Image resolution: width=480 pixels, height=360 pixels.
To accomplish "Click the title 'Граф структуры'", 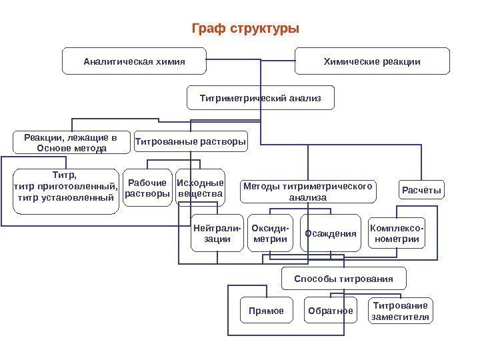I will [x=245, y=29].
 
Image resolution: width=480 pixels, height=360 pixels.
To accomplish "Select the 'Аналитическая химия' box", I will [x=133, y=61].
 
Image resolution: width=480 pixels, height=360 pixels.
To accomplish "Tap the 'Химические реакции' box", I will [x=372, y=61].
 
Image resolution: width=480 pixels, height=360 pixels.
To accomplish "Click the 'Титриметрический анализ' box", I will [x=261, y=98].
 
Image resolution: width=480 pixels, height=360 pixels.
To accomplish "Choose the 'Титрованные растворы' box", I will [x=191, y=141].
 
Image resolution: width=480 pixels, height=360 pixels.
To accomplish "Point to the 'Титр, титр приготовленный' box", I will [x=65, y=190].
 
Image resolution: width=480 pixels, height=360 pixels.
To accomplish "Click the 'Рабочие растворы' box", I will [x=147, y=189].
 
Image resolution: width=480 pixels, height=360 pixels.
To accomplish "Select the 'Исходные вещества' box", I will [x=200, y=189].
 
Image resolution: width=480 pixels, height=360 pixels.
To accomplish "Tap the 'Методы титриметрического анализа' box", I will [x=307, y=191].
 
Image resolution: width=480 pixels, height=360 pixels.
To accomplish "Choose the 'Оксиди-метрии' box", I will [x=270, y=233].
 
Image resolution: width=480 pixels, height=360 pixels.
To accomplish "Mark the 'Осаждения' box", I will [x=331, y=233].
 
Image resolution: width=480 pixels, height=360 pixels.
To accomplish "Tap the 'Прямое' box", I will [x=266, y=311].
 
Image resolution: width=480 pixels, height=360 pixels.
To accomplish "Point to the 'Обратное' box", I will [x=330, y=311].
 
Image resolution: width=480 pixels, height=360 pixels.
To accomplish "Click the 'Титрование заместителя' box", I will [x=400, y=311].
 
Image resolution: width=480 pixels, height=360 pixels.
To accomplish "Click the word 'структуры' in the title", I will [x=265, y=29].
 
